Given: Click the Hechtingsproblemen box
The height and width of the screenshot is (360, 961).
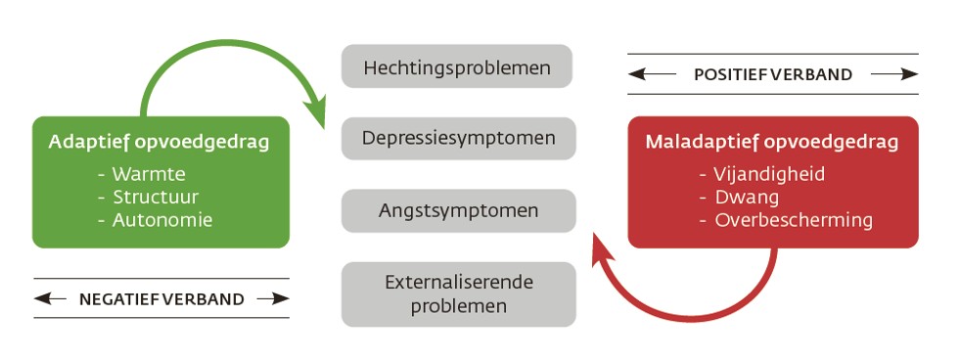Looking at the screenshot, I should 456,67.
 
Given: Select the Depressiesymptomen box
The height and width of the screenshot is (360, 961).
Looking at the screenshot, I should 458,138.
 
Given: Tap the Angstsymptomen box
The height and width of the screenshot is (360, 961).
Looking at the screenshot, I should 458,210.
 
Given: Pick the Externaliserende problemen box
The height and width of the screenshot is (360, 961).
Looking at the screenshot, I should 458,293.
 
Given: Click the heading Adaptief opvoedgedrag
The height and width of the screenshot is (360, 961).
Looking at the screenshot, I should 159,143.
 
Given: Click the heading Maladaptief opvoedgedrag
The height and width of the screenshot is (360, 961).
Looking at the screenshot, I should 771,143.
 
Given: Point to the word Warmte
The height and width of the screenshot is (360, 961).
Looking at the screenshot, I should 144,175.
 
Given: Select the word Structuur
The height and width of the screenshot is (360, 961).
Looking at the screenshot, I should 152,198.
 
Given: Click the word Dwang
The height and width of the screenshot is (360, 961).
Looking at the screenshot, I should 747,198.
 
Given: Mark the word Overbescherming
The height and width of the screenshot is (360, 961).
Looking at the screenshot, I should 794,220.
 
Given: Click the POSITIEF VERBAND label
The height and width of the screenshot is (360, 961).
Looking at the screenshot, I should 772,74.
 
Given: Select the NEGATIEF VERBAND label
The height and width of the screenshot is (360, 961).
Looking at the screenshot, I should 161,299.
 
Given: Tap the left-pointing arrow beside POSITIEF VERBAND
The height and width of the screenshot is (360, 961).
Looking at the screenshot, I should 654,74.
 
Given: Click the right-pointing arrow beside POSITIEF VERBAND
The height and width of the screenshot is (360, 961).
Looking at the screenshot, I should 893,74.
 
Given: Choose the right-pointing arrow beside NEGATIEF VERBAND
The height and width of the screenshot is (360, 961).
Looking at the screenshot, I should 273,299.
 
